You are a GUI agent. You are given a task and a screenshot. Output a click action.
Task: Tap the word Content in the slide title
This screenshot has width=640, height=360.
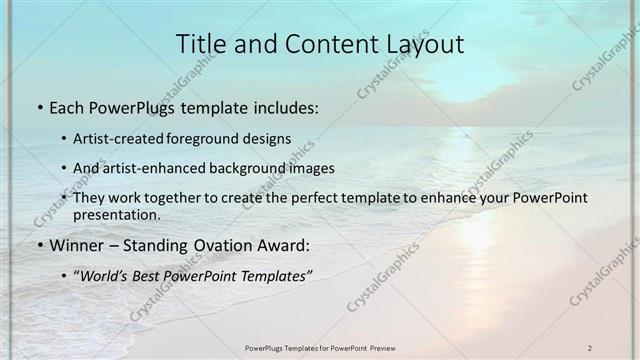click(x=320, y=44)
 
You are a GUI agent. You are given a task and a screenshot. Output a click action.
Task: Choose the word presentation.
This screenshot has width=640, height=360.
click(x=117, y=214)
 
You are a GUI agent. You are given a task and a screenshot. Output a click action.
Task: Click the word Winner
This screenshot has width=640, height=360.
click(x=75, y=245)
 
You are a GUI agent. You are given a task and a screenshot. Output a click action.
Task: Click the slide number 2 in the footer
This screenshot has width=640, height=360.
click(x=590, y=347)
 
